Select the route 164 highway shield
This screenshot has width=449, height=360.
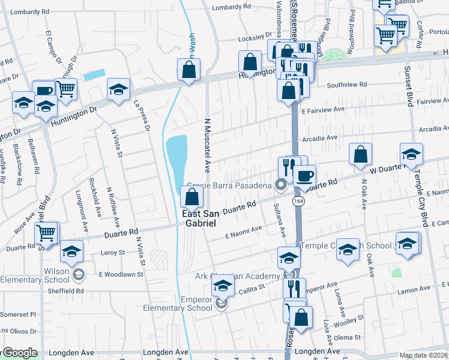coord(298,201)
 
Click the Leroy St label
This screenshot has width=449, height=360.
coord(112,253)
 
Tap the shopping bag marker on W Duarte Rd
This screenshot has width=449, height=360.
coord(360,154)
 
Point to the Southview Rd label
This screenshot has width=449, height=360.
coord(342,85)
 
